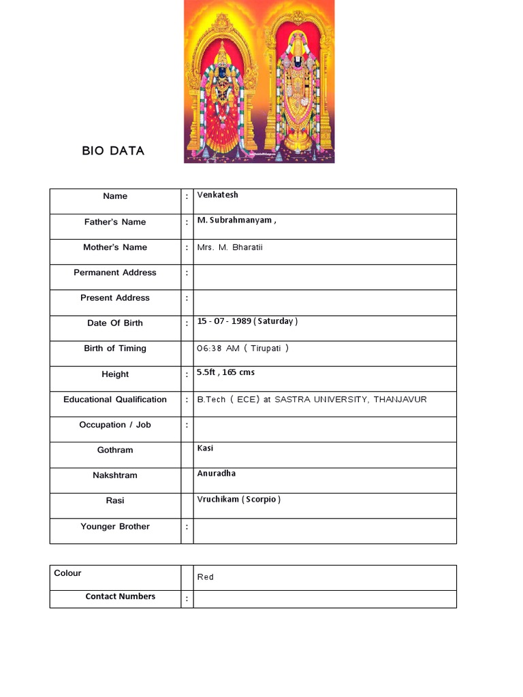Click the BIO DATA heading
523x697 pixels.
pyautogui.click(x=113, y=151)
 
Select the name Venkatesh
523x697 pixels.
pyautogui.click(x=217, y=195)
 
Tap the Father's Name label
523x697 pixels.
pyautogui.click(x=115, y=222)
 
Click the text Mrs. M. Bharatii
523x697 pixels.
pyautogui.click(x=229, y=247)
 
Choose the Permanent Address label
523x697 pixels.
pyautogui.click(x=115, y=272)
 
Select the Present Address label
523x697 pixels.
pyautogui.click(x=115, y=297)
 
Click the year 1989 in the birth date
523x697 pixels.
pyautogui.click(x=240, y=321)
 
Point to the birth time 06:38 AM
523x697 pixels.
pyautogui.click(x=218, y=348)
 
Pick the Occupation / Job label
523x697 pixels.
pyautogui.click(x=115, y=425)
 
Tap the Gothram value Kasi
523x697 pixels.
pyautogui.click(x=205, y=449)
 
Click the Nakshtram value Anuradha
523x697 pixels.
pyautogui.click(x=217, y=474)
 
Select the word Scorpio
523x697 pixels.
pyautogui.click(x=261, y=500)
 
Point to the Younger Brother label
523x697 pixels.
pyautogui.click(x=115, y=526)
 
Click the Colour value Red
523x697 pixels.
pyautogui.click(x=205, y=577)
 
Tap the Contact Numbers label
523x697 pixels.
pyautogui.click(x=120, y=596)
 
